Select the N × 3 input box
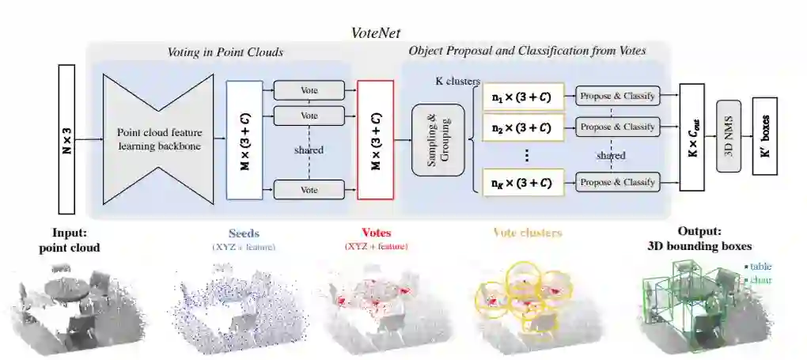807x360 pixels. pos(67,139)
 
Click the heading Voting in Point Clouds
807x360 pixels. pos(225,52)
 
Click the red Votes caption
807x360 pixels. pos(376,233)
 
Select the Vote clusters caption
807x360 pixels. pos(527,233)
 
